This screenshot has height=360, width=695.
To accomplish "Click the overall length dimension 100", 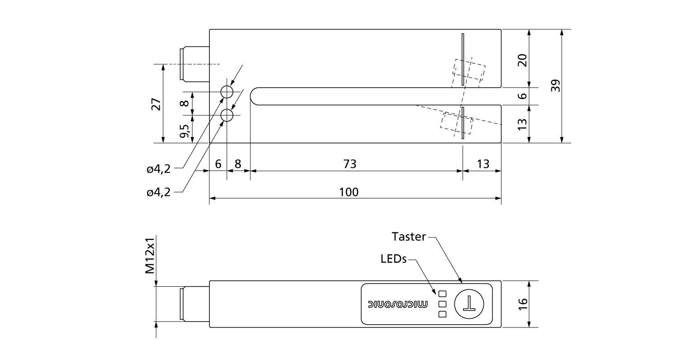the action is pos(349,192).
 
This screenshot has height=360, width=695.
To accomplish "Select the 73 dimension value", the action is pos(350,164).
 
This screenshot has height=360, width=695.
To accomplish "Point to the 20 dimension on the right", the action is pos(522,60).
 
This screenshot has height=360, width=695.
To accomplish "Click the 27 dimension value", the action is pos(156,104).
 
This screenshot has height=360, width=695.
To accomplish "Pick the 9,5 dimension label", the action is pos(184,131).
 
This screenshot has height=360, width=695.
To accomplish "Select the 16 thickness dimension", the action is pos(522,304).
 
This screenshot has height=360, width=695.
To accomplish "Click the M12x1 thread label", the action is pos(150,256).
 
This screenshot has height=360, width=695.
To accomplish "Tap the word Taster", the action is pos(409,237).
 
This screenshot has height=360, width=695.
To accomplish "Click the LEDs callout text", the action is pos(393,259).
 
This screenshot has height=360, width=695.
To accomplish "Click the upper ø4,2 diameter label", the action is pos(159,169).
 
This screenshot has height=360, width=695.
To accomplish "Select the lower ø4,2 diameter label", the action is pos(159,192).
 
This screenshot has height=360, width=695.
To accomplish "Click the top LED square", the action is pos(442,294).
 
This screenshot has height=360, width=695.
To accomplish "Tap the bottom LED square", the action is pos(442,314).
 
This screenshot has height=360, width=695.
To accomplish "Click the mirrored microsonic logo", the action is pos(398,304).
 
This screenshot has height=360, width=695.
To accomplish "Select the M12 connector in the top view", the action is pos(195,64).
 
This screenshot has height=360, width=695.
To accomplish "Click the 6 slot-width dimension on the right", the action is pos(522,96).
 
